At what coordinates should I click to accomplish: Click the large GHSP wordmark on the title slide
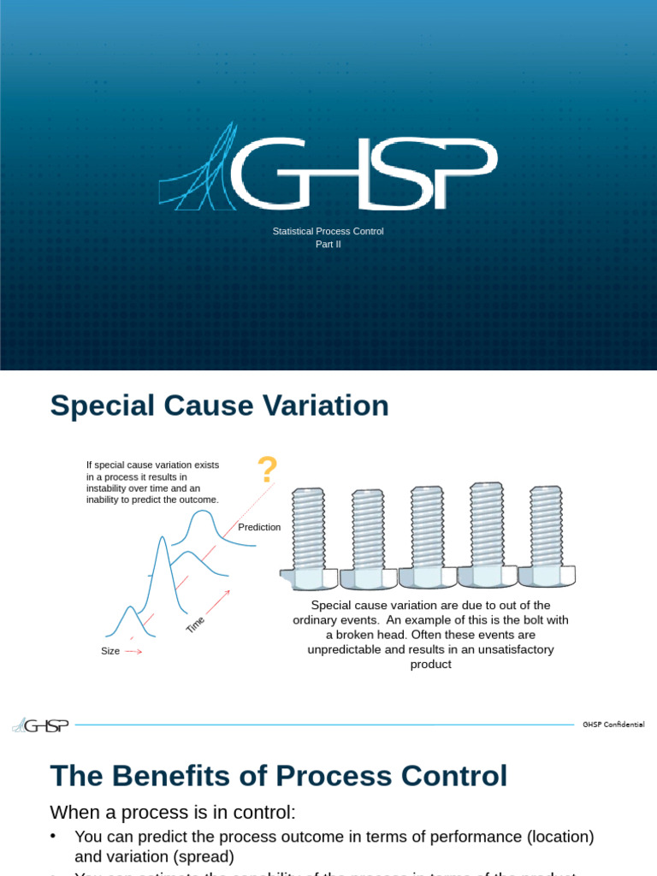(364, 174)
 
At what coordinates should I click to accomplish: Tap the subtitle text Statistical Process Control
(328, 232)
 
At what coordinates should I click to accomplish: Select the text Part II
(328, 244)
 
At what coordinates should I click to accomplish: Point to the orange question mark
(268, 470)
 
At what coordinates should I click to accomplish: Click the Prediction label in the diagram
(259, 527)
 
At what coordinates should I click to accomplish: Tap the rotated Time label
(196, 624)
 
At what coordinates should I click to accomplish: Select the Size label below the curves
(110, 652)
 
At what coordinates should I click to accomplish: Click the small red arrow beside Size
(133, 652)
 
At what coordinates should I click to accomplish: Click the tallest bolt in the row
(487, 534)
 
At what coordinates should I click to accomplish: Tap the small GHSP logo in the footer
(40, 725)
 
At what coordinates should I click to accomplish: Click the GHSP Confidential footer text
(613, 725)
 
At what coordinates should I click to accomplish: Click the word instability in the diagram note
(107, 488)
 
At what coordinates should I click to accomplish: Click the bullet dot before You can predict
(54, 836)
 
